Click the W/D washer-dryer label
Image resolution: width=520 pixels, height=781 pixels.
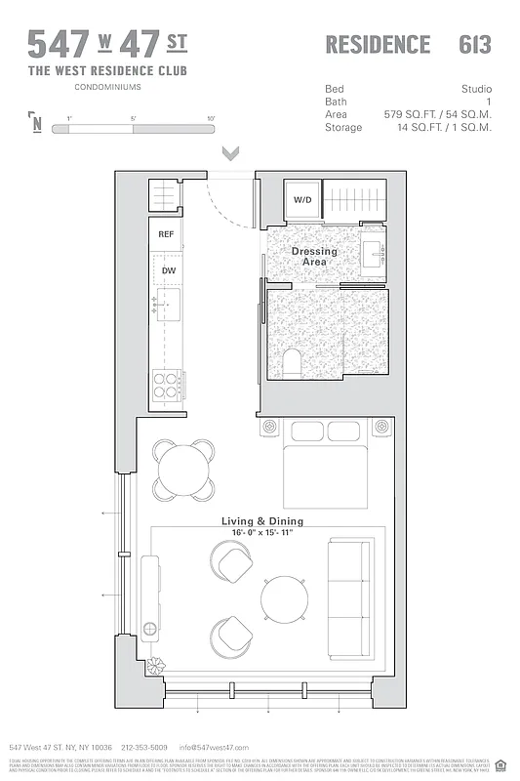(x=302, y=200)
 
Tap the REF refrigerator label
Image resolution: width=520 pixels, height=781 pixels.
(x=166, y=234)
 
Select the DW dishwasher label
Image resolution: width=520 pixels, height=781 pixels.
(x=168, y=270)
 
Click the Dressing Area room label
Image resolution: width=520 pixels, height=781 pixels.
(x=314, y=257)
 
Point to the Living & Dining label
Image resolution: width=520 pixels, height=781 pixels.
(x=262, y=520)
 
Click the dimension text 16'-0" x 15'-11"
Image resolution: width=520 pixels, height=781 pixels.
(x=262, y=532)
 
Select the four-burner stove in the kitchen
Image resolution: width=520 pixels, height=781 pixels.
(x=165, y=387)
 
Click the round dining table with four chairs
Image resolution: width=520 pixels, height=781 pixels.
(x=183, y=468)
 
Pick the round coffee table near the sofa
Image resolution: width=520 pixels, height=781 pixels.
(x=283, y=598)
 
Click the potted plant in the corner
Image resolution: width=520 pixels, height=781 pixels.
(x=155, y=668)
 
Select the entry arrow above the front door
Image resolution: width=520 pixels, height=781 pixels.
(x=231, y=153)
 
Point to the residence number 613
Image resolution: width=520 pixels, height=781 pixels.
(x=474, y=45)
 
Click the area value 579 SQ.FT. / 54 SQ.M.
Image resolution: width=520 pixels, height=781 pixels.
(x=439, y=114)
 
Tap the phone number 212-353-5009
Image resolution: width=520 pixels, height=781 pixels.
(x=144, y=747)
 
